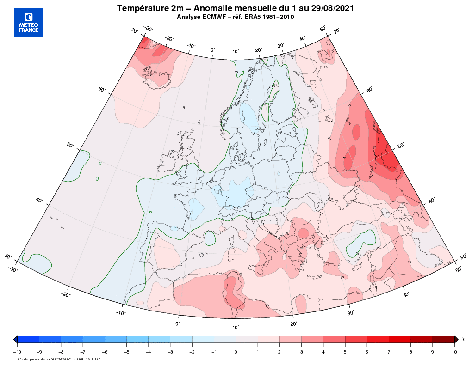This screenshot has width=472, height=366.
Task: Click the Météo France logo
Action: tap(29, 23)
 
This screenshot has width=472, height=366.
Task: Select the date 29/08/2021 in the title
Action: tap(332, 8)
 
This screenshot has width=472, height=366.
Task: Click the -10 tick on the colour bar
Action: tap(17, 352)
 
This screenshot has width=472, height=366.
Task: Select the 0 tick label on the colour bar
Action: tap(236, 352)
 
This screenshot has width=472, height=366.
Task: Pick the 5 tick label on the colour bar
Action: tap(345, 352)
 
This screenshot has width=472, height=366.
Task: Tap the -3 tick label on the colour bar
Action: tap(170, 352)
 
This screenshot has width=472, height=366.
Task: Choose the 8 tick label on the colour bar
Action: tap(410, 352)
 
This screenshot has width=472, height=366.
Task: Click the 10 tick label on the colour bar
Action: tap(454, 352)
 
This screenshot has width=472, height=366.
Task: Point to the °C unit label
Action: tap(464, 340)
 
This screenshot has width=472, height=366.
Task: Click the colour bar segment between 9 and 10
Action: tap(443, 340)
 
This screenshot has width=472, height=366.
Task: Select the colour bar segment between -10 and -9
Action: tap(28, 340)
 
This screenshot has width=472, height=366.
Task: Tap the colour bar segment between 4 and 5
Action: tap(334, 340)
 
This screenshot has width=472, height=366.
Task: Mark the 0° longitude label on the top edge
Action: tap(213, 49)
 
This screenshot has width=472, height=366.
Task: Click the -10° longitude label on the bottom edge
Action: tap(121, 313)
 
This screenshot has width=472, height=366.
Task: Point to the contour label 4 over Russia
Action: tap(345, 158)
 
